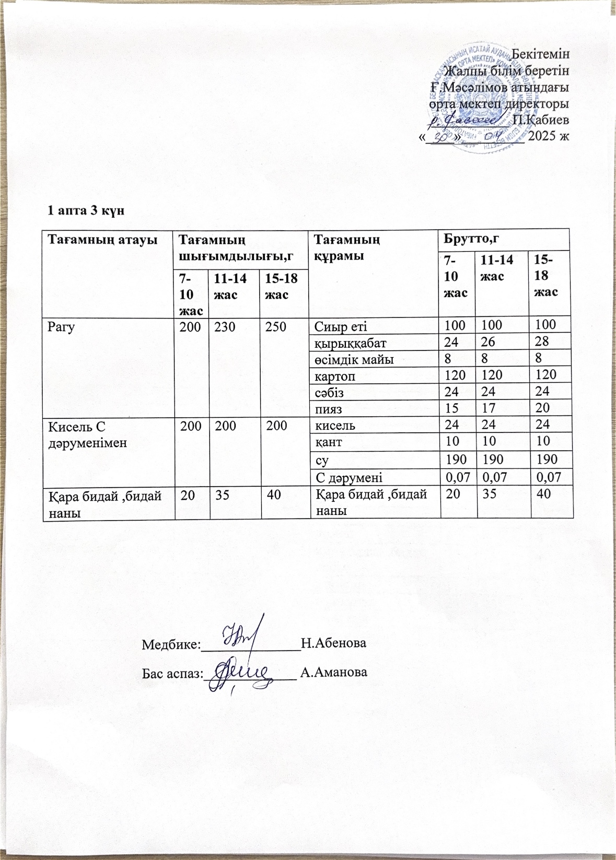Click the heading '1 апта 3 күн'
(x=86, y=210)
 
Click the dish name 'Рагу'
(x=61, y=327)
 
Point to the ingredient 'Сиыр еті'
(x=340, y=327)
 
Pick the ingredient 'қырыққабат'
(x=350, y=343)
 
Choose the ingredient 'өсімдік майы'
(x=354, y=359)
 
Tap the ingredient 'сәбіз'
(x=329, y=392)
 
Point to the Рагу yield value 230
(x=225, y=327)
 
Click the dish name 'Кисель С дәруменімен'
(x=87, y=434)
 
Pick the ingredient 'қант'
(x=328, y=442)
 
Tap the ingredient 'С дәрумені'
(x=348, y=477)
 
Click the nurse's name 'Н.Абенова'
(x=334, y=643)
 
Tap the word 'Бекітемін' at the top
(x=541, y=54)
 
